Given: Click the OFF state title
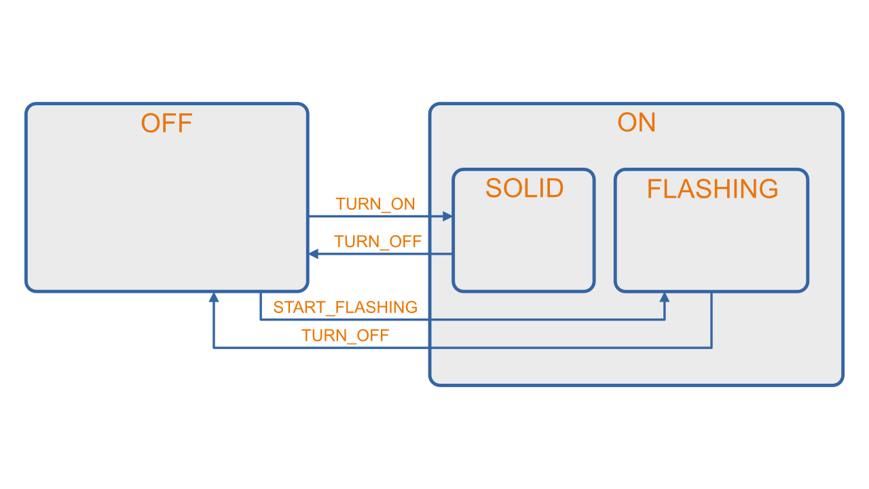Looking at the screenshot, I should pyautogui.click(x=166, y=124).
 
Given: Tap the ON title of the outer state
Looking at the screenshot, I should pyautogui.click(x=636, y=123).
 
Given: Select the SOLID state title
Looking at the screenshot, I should pyautogui.click(x=524, y=188).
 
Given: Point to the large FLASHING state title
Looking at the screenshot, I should pyautogui.click(x=712, y=189).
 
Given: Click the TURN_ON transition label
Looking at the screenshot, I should pyautogui.click(x=375, y=204).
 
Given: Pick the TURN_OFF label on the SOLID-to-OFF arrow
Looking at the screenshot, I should pyautogui.click(x=377, y=242).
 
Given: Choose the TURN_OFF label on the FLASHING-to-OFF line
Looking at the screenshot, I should pyautogui.click(x=346, y=336).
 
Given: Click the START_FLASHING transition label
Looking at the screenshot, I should pyautogui.click(x=345, y=308).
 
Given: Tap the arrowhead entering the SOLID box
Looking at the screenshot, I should pyautogui.click(x=447, y=217).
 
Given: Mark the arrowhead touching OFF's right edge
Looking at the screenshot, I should pyautogui.click(x=314, y=254).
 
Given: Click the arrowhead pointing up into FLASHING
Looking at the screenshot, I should pyautogui.click(x=665, y=297).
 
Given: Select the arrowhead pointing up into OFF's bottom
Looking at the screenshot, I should pyautogui.click(x=214, y=297).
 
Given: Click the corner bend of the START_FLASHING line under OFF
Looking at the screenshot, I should pyautogui.click(x=261, y=319).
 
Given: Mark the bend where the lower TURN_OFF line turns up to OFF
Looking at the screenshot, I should pyautogui.click(x=214, y=348).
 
